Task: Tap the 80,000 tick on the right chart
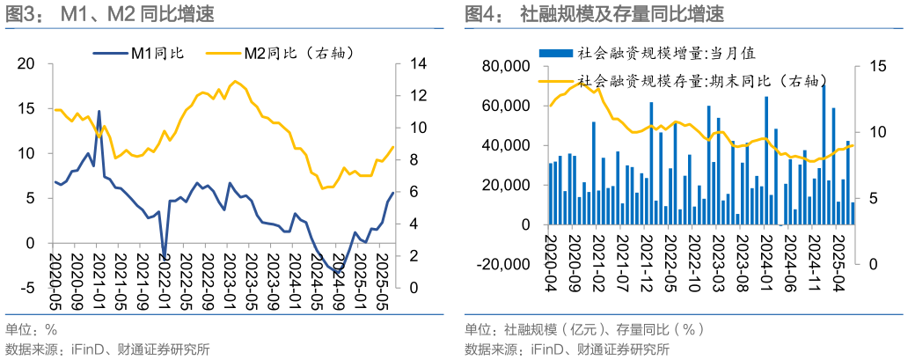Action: [504, 67]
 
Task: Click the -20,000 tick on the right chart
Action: [502, 264]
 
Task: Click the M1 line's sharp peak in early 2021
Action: [99, 112]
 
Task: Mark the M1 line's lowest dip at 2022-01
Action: [165, 257]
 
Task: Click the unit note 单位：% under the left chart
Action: [32, 330]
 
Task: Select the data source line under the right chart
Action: [567, 349]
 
